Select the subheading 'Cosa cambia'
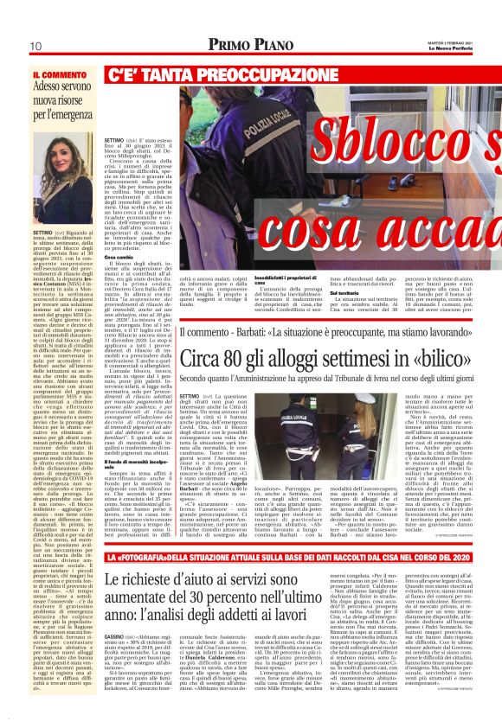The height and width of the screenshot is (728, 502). click(119, 258)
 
